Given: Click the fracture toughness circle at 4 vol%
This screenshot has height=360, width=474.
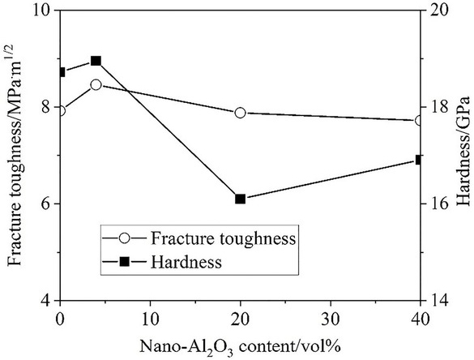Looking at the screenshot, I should click(x=96, y=84).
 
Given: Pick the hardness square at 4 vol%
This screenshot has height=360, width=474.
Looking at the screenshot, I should click(x=96, y=61).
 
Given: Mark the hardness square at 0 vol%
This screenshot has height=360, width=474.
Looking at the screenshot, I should click(x=61, y=72).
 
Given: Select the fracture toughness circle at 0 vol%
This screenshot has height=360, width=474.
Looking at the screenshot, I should click(x=61, y=110).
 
